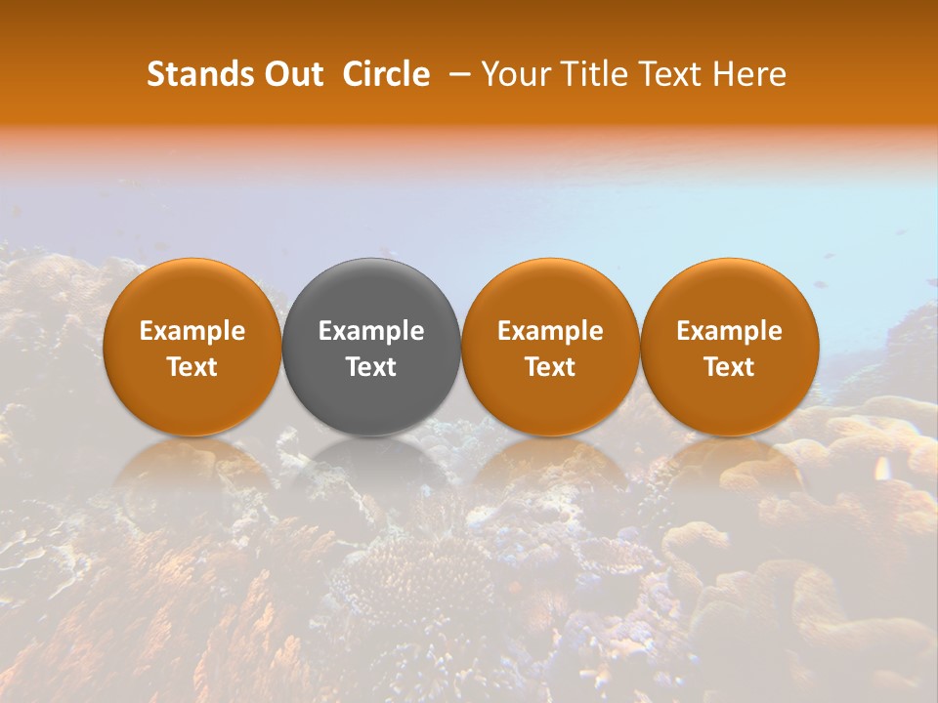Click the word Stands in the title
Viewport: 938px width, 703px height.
tap(199, 74)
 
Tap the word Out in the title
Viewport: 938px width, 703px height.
tap(292, 74)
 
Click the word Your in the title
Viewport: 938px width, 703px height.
tap(512, 74)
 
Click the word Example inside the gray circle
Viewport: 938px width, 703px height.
tap(371, 331)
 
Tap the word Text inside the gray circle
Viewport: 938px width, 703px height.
tap(371, 367)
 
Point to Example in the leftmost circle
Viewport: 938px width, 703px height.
tap(192, 331)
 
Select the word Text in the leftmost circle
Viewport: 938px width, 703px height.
tap(192, 367)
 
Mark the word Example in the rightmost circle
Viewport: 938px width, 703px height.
tap(730, 331)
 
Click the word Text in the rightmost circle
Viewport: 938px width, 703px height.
tap(730, 367)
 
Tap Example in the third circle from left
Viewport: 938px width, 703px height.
tap(550, 331)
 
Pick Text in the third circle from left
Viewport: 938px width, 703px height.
tap(550, 367)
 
